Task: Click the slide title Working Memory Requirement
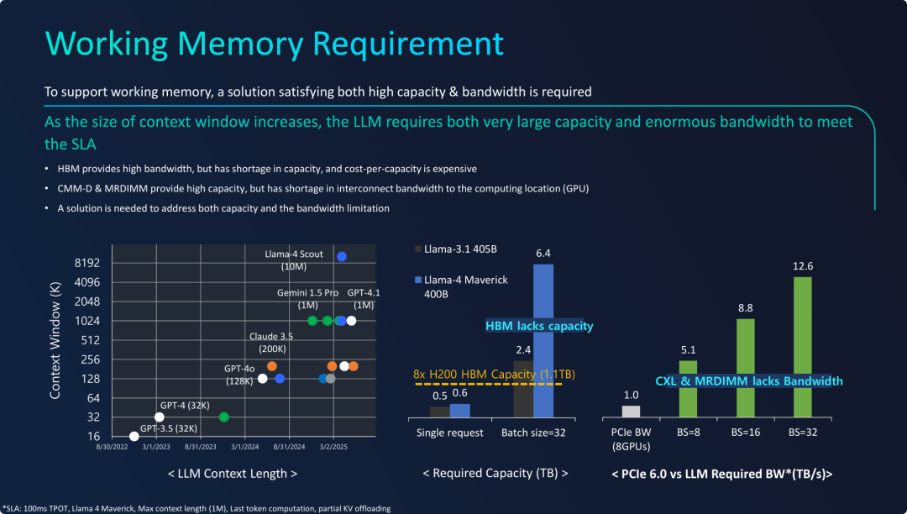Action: [274, 44]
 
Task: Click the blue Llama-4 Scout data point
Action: [342, 256]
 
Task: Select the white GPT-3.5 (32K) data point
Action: [134, 436]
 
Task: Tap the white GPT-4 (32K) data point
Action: [160, 417]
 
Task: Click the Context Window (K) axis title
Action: [55, 340]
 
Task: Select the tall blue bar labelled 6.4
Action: [543, 340]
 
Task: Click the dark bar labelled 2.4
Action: [523, 388]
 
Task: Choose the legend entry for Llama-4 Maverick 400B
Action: [461, 286]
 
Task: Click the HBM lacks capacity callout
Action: [539, 326]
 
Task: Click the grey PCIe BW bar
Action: [632, 411]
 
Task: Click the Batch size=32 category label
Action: [534, 433]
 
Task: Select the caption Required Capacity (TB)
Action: [495, 474]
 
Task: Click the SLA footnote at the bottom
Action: [197, 507]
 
